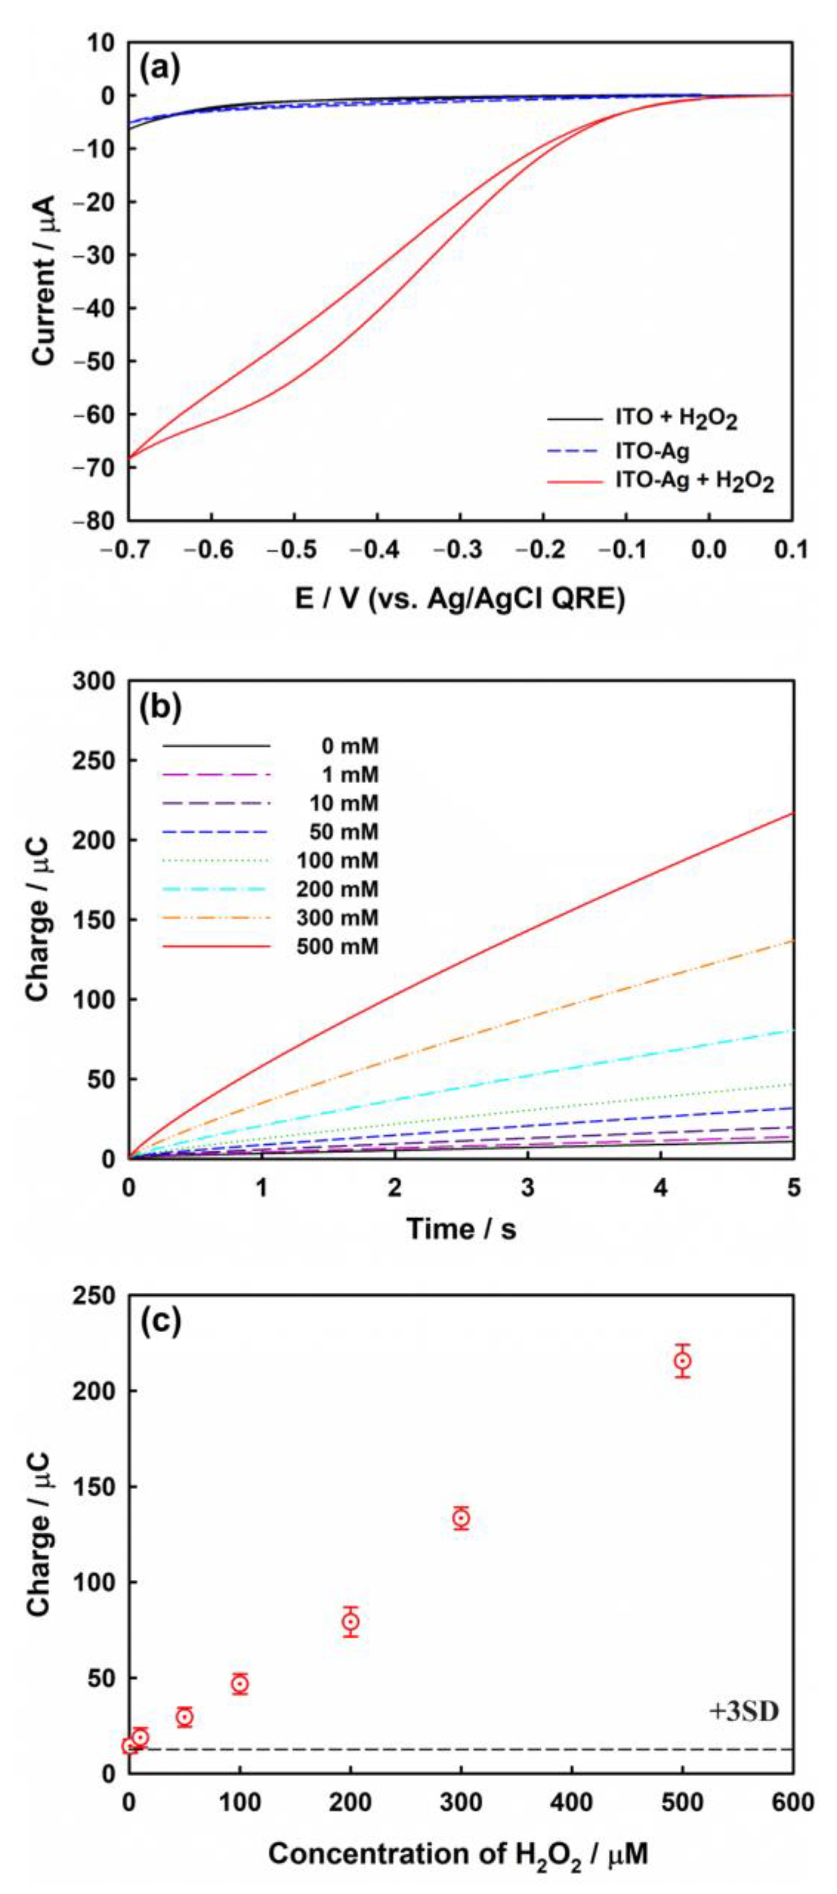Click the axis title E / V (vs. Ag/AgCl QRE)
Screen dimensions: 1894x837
460,600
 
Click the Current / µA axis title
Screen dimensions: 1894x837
44,281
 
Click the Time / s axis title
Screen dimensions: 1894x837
461,1229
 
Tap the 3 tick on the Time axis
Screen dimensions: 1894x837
527,1188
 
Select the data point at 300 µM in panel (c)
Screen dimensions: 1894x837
461,1518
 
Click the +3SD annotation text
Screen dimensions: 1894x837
743,1712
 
